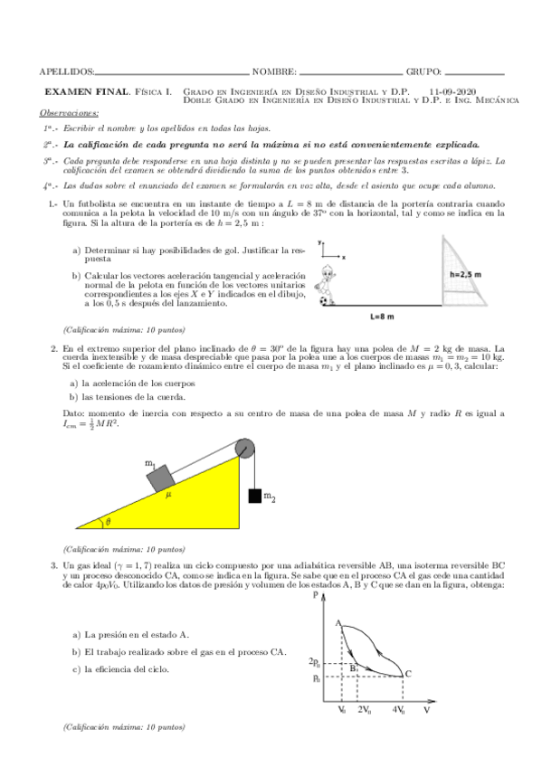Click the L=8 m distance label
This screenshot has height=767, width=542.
click(383, 317)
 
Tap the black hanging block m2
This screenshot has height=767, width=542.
click(254, 496)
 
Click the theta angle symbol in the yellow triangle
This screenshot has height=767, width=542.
click(109, 521)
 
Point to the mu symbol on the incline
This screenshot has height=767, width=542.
click(167, 495)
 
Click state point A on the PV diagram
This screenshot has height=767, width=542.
click(337, 623)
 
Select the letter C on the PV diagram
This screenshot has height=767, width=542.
click(408, 672)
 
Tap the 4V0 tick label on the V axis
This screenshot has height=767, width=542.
click(399, 712)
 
